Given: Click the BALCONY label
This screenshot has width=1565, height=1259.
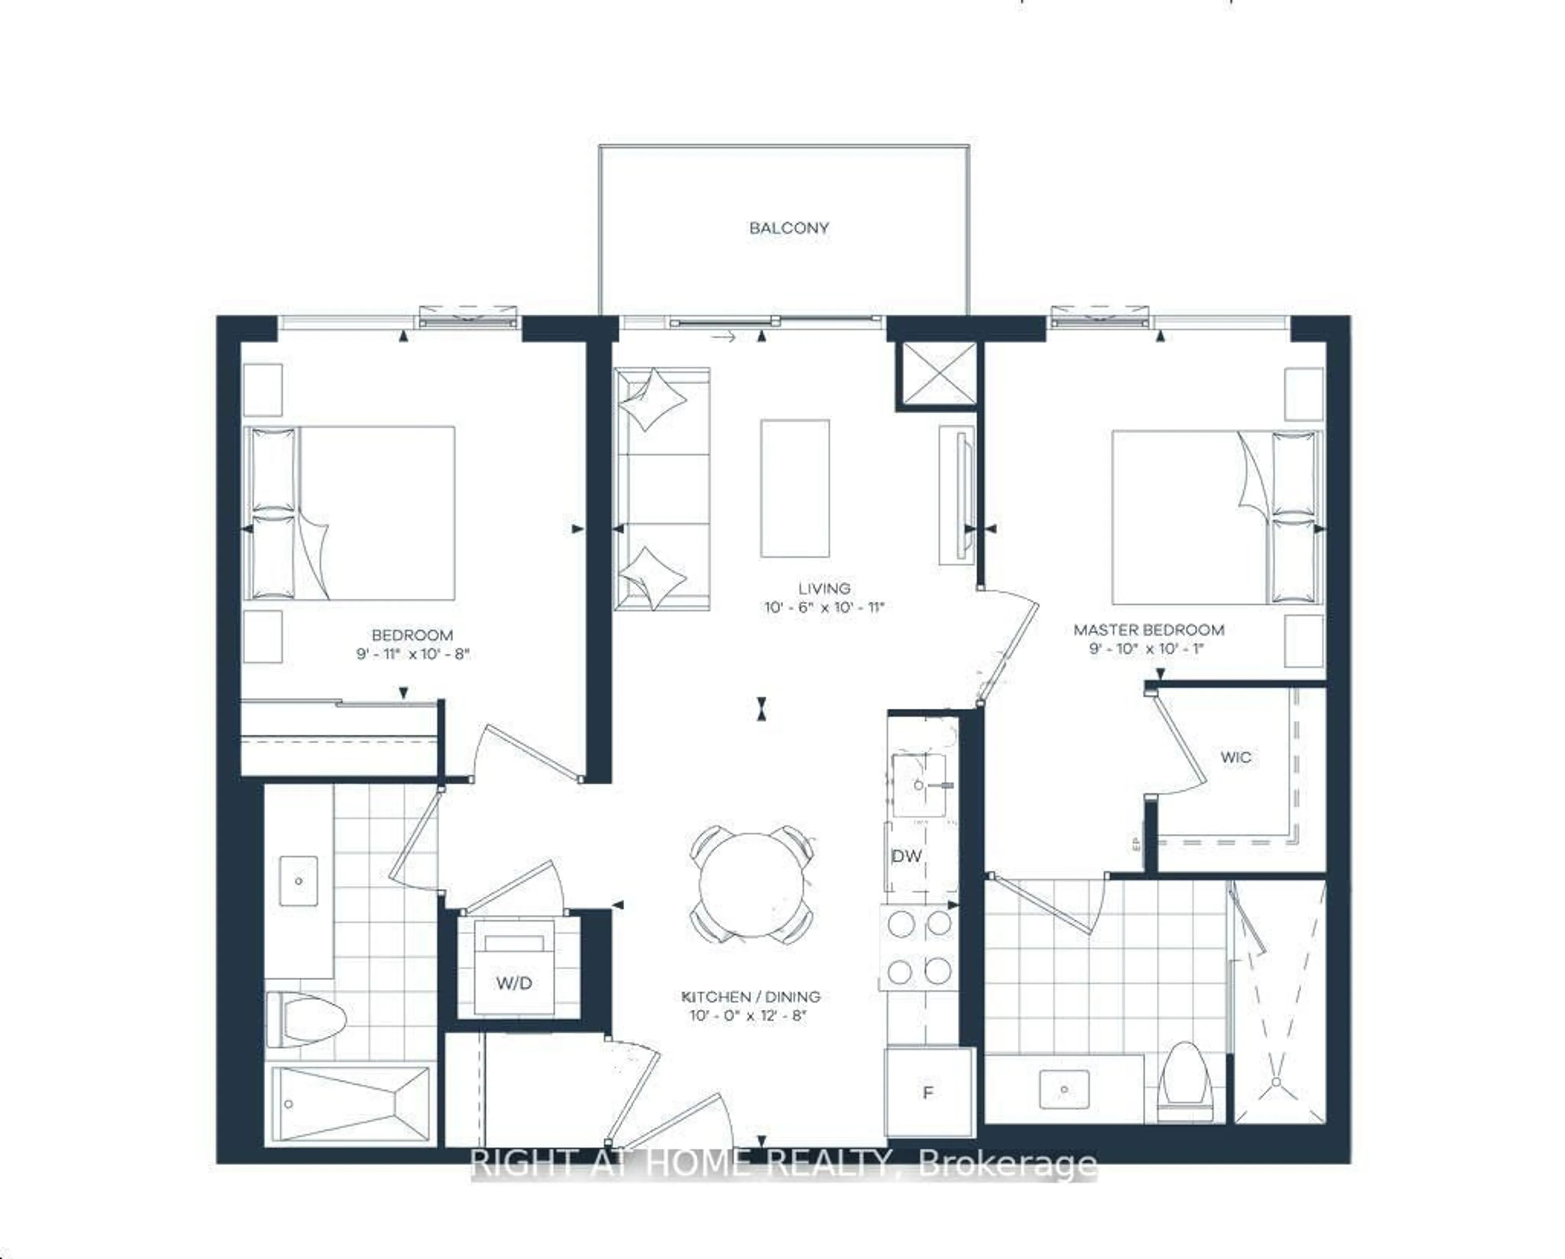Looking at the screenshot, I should [x=789, y=228].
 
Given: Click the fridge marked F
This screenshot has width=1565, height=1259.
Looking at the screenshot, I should [x=928, y=1092].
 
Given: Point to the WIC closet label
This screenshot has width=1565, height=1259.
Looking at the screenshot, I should [x=1235, y=757].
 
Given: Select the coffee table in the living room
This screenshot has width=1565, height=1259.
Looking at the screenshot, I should [x=795, y=489].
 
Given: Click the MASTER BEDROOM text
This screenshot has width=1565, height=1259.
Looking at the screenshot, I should [x=1148, y=630].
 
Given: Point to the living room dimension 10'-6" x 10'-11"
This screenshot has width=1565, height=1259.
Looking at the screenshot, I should [x=824, y=607].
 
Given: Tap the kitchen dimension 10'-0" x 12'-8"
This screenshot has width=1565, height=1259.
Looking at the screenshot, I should [x=748, y=1016].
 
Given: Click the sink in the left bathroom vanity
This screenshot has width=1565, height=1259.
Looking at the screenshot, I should [x=299, y=881].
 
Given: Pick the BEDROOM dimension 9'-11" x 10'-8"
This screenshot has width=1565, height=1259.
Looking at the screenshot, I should [x=412, y=654].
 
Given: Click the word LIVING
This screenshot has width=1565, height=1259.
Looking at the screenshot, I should [x=824, y=588].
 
